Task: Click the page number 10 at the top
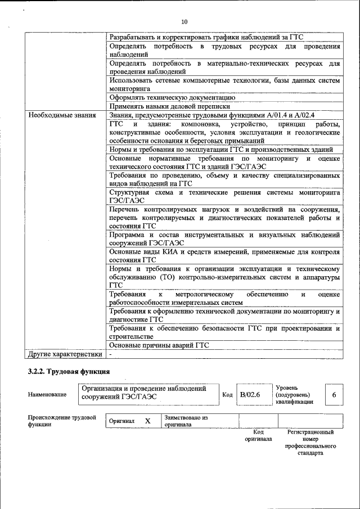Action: pyautogui.click(x=184, y=22)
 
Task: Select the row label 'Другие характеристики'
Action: pyautogui.click(x=65, y=354)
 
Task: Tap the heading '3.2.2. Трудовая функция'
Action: pyautogui.click(x=69, y=372)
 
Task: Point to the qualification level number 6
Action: pyautogui.click(x=334, y=395)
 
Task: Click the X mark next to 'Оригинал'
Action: pyautogui.click(x=147, y=421)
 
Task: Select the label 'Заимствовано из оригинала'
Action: pyautogui.click(x=186, y=421)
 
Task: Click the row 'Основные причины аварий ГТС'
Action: pyautogui.click(x=159, y=344)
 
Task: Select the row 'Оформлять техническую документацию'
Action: pyautogui.click(x=168, y=97)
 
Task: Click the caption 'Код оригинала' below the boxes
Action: pyautogui.click(x=258, y=435)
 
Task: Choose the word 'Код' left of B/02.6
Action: pyautogui.click(x=227, y=395)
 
